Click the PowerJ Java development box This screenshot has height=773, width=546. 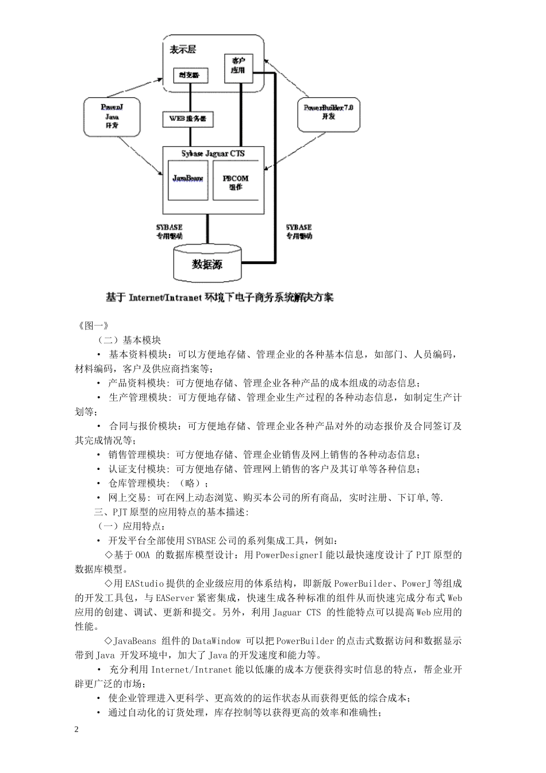pyautogui.click(x=111, y=116)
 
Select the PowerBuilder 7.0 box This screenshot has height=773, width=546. pyautogui.click(x=328, y=112)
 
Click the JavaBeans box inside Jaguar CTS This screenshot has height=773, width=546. pyautogui.click(x=188, y=179)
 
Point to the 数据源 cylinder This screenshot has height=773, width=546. pyautogui.click(x=207, y=264)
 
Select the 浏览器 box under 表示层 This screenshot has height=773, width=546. pyautogui.click(x=190, y=75)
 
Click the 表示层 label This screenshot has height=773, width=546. pyautogui.click(x=183, y=49)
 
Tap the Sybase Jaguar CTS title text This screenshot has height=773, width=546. pyautogui.click(x=213, y=153)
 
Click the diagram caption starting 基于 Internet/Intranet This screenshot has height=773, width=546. pyautogui.click(x=220, y=297)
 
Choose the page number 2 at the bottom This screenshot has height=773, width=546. pyautogui.click(x=77, y=730)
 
